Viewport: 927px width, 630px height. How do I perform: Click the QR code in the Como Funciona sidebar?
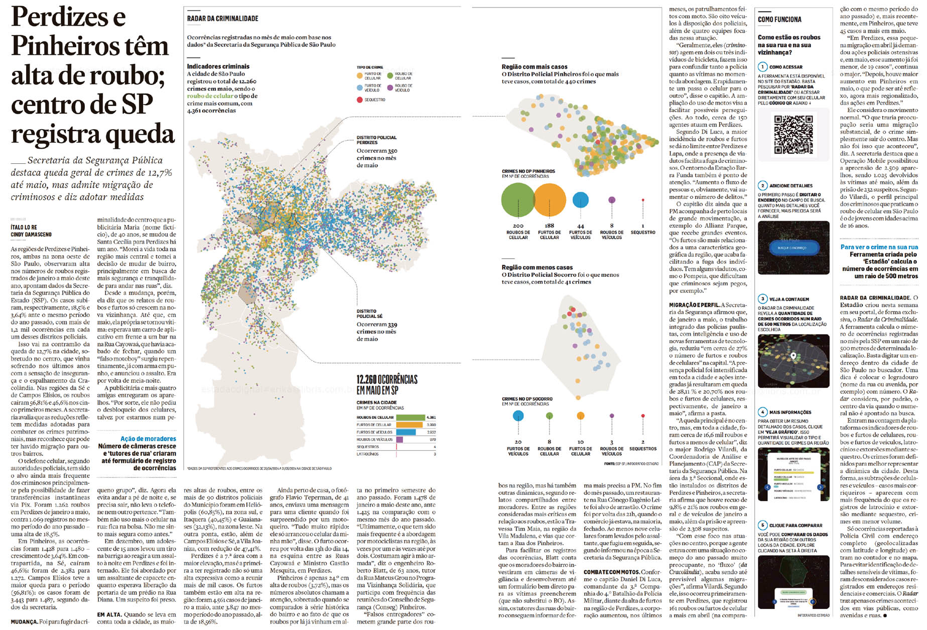793,134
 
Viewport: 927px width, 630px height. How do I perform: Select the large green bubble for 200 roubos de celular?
518,199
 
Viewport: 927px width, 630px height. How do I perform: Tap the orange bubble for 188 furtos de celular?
550,199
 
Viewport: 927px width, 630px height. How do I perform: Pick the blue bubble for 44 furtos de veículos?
580,199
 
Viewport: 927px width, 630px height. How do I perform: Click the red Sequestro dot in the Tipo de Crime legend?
359,100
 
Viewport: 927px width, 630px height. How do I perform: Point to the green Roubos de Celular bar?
410,417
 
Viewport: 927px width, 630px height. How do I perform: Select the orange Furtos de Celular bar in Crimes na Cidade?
409,425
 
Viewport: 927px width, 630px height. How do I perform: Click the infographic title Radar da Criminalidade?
222,19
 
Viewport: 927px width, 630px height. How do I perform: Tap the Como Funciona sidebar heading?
779,20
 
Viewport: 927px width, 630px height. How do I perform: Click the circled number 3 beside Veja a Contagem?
762,299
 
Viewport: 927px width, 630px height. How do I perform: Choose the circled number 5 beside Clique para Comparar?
762,525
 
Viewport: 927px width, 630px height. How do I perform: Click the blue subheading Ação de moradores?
148,439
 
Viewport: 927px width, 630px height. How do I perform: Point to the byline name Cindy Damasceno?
31,235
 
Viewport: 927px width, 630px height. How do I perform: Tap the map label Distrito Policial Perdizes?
376,140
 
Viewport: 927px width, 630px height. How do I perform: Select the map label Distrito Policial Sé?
369,313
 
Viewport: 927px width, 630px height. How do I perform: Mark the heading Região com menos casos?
537,268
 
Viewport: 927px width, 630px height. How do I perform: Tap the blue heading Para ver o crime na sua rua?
879,247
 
